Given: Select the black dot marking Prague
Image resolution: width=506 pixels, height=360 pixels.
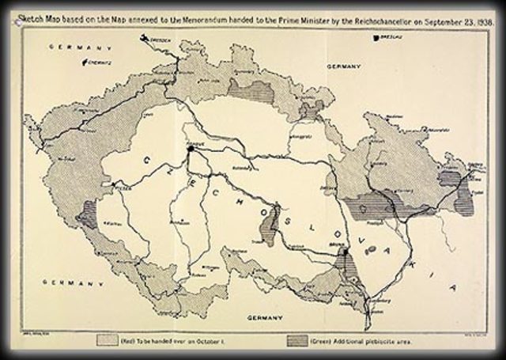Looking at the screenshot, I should pos(190,147).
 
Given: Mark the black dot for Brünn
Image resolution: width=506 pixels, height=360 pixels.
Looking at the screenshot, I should pos(346,253).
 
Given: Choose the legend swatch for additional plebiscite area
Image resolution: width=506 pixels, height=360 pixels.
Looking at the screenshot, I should pos(299,339).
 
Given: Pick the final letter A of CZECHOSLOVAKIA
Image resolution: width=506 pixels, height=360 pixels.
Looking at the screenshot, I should pos(453,286).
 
